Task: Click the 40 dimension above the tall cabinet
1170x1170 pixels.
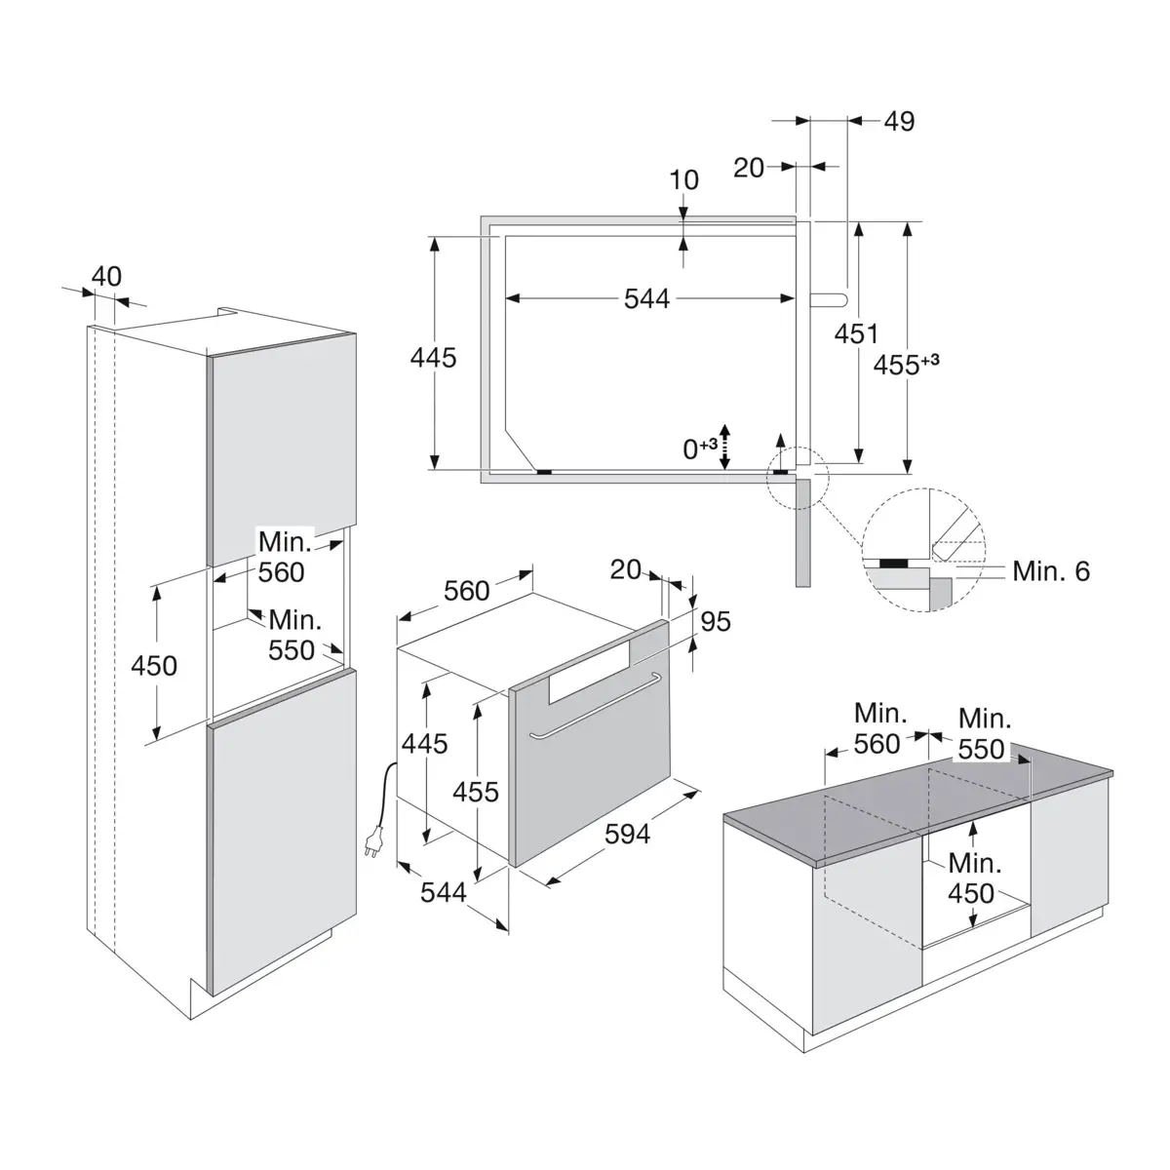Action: tap(106, 277)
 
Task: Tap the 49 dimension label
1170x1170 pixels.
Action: tap(899, 122)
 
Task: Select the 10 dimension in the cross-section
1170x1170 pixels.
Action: tap(683, 179)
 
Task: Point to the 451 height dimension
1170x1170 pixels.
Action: tap(856, 334)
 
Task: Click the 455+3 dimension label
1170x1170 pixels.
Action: tap(906, 365)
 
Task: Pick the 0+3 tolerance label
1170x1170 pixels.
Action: tap(700, 448)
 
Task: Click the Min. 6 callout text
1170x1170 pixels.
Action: tap(1051, 571)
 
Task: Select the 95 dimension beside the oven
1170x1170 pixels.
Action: tap(716, 621)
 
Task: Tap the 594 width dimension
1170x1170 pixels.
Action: tap(627, 834)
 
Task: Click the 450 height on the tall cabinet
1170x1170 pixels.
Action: tap(154, 666)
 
